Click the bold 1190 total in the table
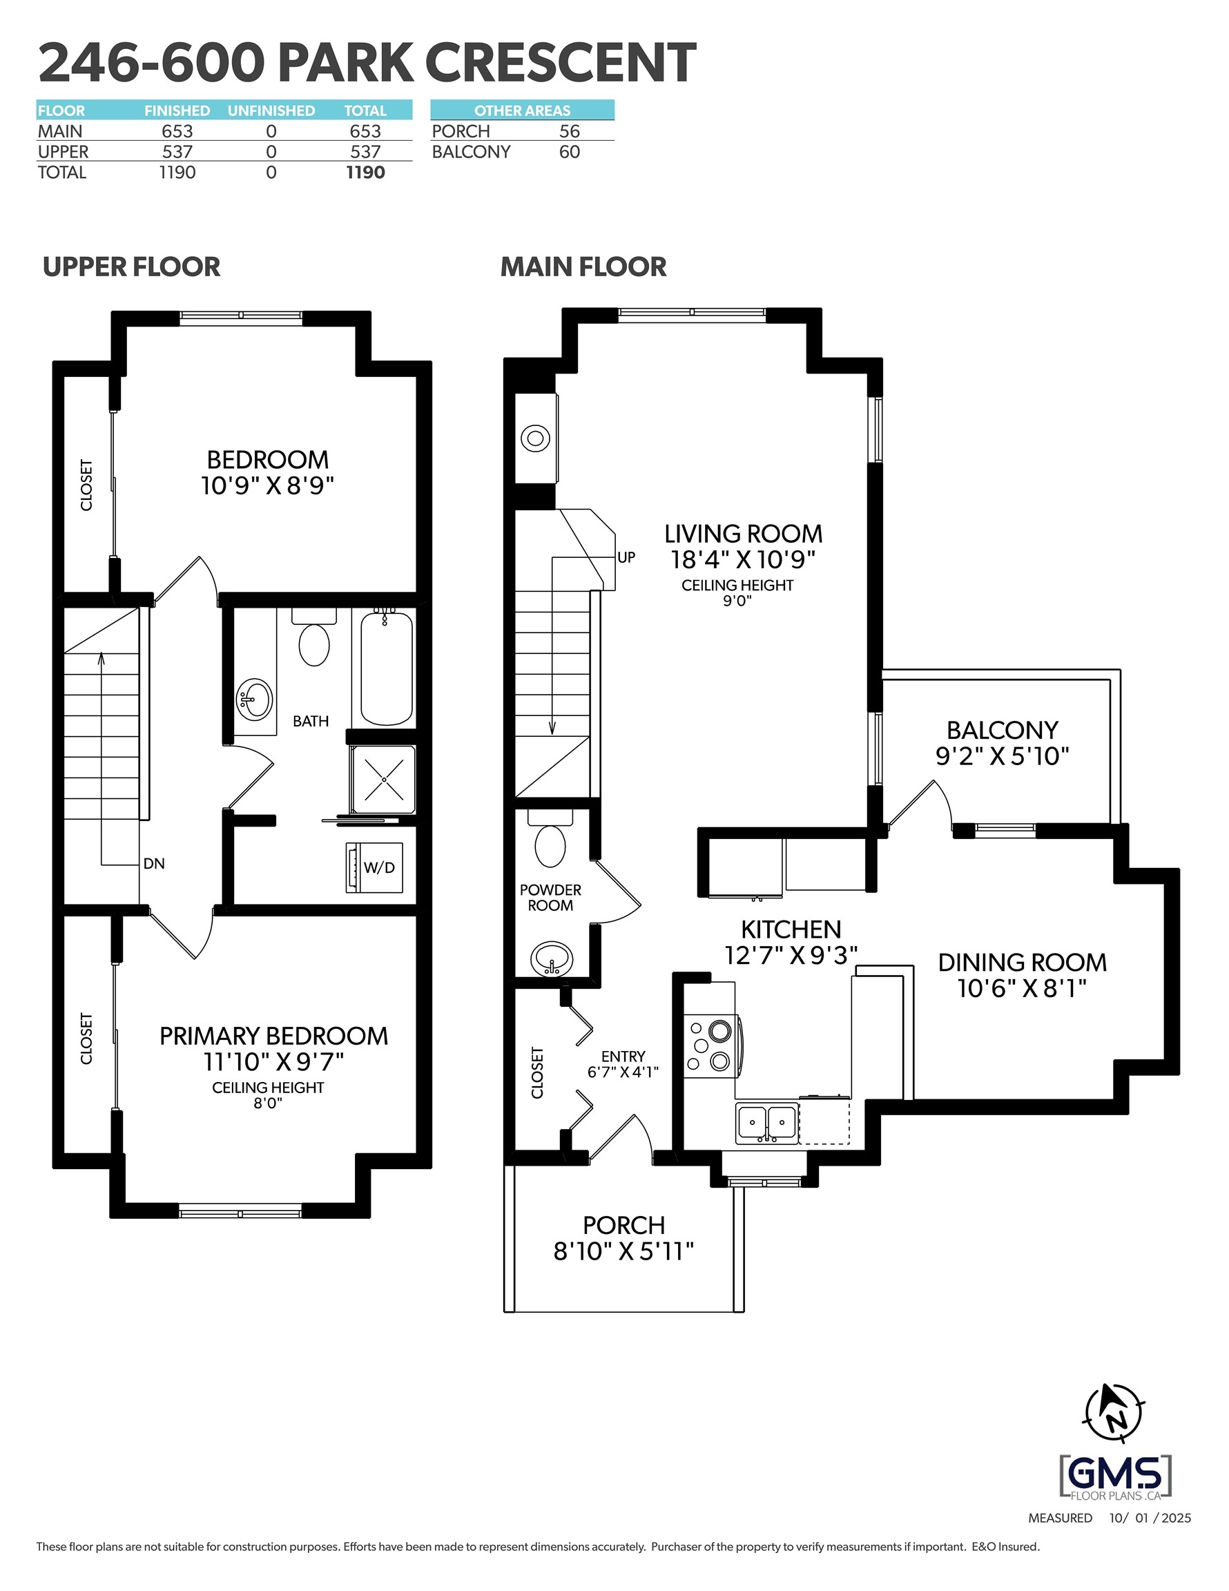(x=365, y=172)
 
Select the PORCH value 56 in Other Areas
(x=569, y=131)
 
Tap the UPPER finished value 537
(x=177, y=151)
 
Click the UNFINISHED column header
(x=271, y=110)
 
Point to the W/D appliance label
(x=379, y=867)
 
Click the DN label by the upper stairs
(x=154, y=863)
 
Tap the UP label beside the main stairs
(x=626, y=557)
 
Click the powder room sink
(x=552, y=958)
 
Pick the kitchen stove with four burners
(x=711, y=1047)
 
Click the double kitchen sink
(x=766, y=1123)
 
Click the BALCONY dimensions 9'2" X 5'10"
(x=1002, y=755)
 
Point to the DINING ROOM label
(x=1022, y=963)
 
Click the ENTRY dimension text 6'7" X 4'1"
(x=623, y=1072)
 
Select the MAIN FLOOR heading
(x=583, y=267)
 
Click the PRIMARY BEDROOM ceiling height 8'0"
(x=267, y=1103)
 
